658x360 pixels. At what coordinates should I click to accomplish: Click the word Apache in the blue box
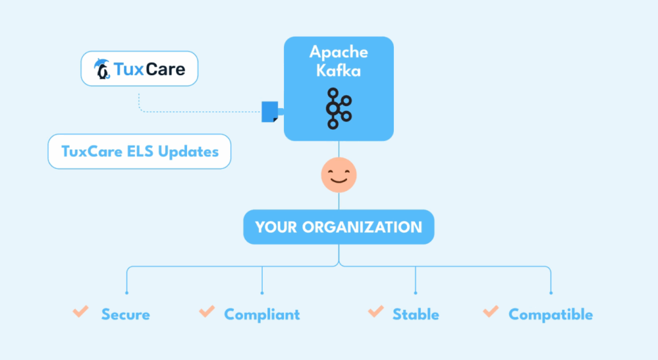coord(338,52)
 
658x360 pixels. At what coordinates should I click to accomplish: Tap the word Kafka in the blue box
coord(338,70)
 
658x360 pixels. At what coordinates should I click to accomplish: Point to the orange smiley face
coord(339,175)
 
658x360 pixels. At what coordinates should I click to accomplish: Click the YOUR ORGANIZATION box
coord(339,227)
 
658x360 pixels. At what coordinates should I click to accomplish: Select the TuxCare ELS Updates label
coord(139,152)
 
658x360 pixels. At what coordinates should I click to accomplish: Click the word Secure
coord(125,314)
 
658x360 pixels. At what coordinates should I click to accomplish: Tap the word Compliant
coord(262,314)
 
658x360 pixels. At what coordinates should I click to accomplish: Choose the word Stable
coord(416,314)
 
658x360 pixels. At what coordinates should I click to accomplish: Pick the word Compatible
coord(551,314)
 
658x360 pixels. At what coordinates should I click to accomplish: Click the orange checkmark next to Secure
coord(80,312)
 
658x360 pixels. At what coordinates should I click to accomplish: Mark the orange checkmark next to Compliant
coord(206,312)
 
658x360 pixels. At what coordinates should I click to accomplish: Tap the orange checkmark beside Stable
coord(375,312)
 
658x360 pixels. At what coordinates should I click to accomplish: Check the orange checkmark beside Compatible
coord(490,312)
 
